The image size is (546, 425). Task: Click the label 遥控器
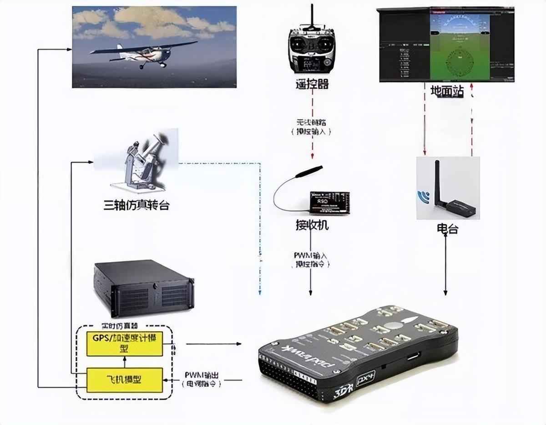(x=311, y=84)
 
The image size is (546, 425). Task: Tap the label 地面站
(x=447, y=91)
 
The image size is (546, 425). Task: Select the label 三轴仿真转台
(x=136, y=205)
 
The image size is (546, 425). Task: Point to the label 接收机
(x=312, y=225)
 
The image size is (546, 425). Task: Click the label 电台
(x=446, y=229)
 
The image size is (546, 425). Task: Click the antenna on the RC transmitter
(x=312, y=16)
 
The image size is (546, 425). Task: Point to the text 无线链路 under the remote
(x=311, y=122)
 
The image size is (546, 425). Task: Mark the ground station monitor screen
(x=446, y=45)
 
